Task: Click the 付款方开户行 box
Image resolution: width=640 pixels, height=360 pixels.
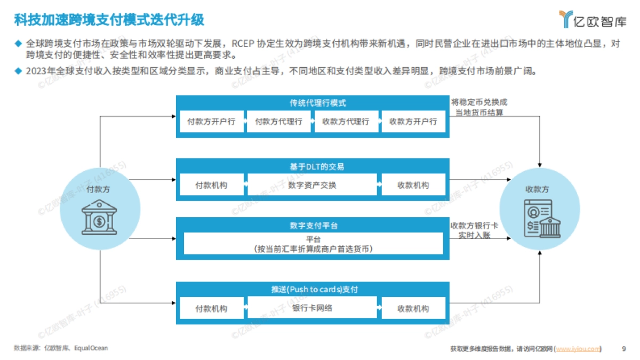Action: pyautogui.click(x=211, y=122)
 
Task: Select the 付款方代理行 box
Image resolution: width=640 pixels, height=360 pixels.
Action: pyautogui.click(x=278, y=122)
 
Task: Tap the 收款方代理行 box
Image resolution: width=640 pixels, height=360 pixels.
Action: pyautogui.click(x=346, y=122)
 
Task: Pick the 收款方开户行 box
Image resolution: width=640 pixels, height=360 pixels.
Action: pyautogui.click(x=413, y=122)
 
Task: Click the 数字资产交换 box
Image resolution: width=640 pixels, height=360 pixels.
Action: pyautogui.click(x=312, y=186)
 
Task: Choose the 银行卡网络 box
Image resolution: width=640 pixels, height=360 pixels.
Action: pyautogui.click(x=312, y=308)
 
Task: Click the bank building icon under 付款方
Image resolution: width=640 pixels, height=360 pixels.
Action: pyautogui.click(x=100, y=218)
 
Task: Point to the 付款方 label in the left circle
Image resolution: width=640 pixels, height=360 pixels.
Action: pyautogui.click(x=99, y=189)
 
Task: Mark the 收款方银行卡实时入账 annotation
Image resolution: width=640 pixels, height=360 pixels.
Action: pyautogui.click(x=474, y=230)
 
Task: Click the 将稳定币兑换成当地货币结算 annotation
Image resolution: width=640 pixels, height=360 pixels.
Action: pyautogui.click(x=479, y=107)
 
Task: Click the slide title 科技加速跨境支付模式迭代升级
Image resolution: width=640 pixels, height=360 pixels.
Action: pyautogui.click(x=109, y=20)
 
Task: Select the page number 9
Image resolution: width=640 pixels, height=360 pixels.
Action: pyautogui.click(x=624, y=349)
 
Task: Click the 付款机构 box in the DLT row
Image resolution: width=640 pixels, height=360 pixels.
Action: pyautogui.click(x=211, y=186)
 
